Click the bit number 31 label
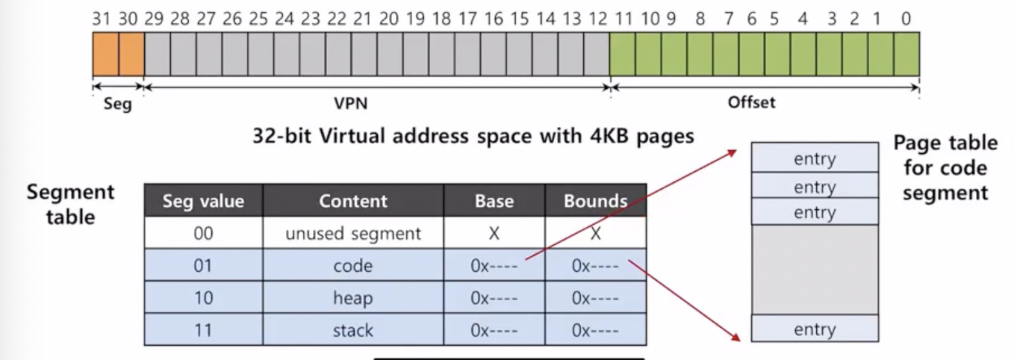click(x=101, y=19)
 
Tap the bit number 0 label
click(x=906, y=19)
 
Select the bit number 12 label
click(x=597, y=19)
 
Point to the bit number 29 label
click(x=153, y=19)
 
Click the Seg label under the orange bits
click(x=116, y=104)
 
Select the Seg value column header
click(x=203, y=201)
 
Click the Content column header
click(x=353, y=201)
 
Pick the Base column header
click(x=494, y=201)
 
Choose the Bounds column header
click(x=595, y=201)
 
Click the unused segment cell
click(x=353, y=234)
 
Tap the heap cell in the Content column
click(x=353, y=298)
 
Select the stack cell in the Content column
click(x=353, y=330)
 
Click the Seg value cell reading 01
click(x=203, y=266)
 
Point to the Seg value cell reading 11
click(x=203, y=330)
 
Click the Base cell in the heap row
click(x=494, y=298)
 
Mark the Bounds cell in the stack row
click(x=595, y=330)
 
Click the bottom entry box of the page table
click(x=815, y=329)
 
